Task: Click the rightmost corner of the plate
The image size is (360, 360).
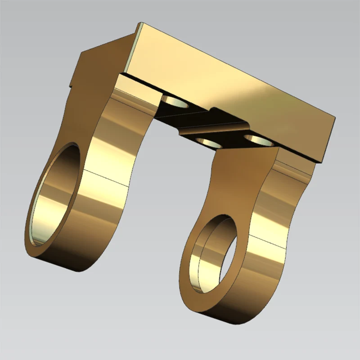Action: click(336, 116)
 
